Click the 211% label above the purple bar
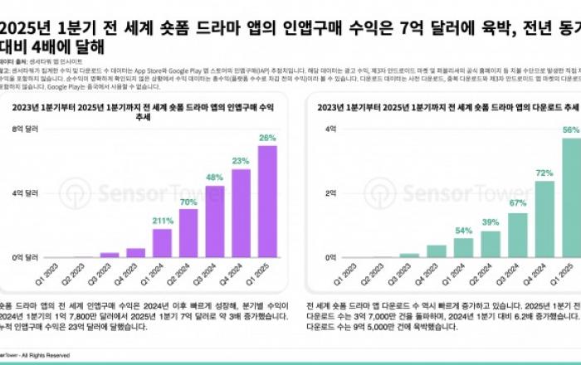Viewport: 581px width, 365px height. (x=162, y=221)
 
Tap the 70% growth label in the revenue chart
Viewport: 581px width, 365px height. (x=188, y=202)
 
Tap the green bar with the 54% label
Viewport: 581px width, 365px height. (x=463, y=248)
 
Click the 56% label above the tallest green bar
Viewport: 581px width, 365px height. (x=570, y=130)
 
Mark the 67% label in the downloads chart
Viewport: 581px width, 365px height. (x=518, y=203)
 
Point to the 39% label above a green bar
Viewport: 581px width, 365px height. (x=491, y=222)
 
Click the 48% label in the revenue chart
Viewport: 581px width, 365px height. (x=214, y=178)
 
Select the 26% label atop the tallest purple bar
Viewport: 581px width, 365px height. (x=267, y=138)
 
